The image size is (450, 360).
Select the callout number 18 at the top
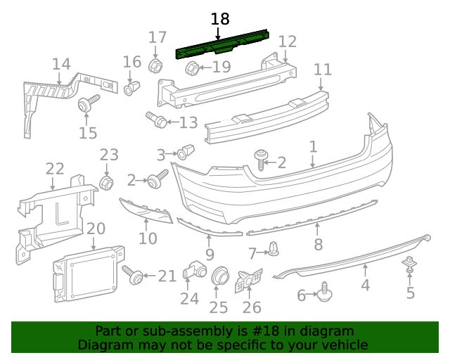(x=220, y=19)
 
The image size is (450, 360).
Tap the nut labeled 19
(x=192, y=68)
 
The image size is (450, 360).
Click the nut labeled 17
(x=156, y=65)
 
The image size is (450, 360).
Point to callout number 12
(x=288, y=41)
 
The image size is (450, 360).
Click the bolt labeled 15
(x=86, y=105)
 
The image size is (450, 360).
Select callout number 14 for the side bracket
(x=61, y=65)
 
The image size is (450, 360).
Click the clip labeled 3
(x=184, y=151)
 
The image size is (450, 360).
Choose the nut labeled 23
(x=107, y=184)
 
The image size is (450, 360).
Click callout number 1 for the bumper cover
(x=313, y=146)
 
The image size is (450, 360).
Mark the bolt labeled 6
(x=325, y=292)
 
